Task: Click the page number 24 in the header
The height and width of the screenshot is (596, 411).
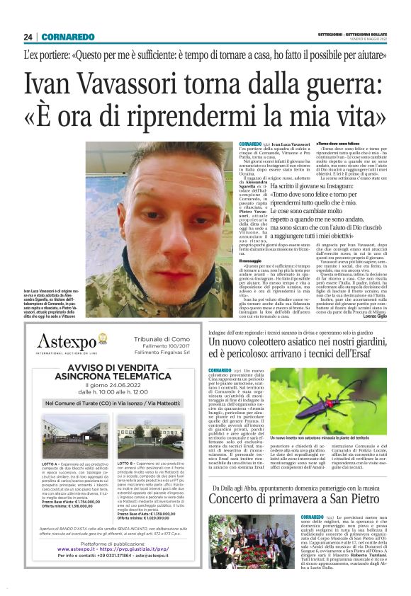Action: (28, 37)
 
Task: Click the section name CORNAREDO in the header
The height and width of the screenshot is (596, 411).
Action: (69, 37)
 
